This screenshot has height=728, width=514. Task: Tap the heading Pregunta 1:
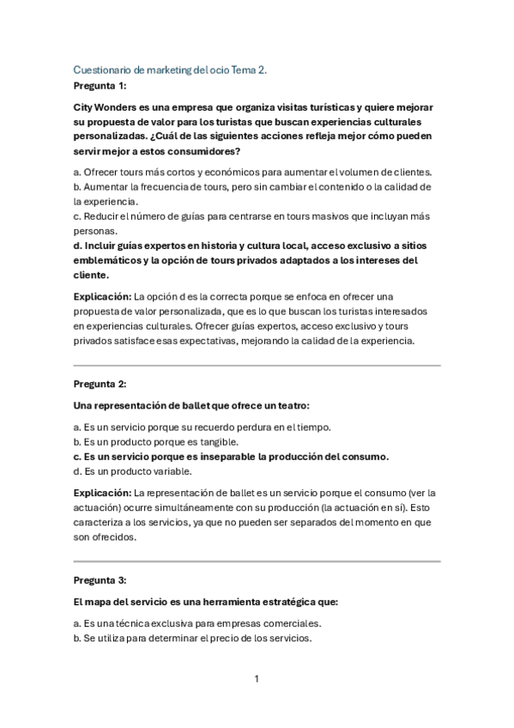click(100, 87)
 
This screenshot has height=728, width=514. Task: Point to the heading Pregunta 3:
click(100, 579)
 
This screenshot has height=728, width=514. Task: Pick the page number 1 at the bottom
click(257, 679)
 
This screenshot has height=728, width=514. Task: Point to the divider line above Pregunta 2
click(257, 365)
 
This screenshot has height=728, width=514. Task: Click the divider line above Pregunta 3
click(257, 561)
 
